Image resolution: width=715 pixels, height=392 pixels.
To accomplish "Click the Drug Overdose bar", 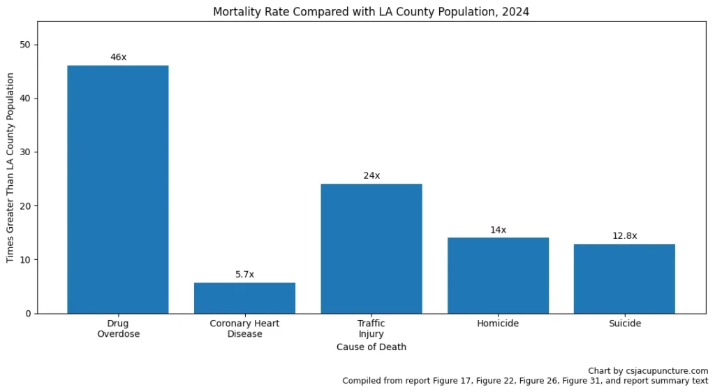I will (118, 189).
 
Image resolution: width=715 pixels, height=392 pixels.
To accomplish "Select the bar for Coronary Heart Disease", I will (244, 298).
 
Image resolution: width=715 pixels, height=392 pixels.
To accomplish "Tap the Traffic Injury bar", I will (371, 248).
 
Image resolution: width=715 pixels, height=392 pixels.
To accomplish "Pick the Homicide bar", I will (498, 275).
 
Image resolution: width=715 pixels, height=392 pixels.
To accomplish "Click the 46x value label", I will (118, 57).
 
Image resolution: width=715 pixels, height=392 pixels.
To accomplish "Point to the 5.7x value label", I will (244, 275).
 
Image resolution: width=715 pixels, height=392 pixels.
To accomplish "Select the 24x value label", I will (371, 175).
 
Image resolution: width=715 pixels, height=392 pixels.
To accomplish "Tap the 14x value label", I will (498, 229).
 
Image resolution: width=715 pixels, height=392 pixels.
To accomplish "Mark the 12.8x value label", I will (624, 236).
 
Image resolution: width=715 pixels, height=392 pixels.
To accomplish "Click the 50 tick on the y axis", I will (25, 45).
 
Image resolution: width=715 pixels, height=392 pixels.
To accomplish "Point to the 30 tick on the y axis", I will (25, 152).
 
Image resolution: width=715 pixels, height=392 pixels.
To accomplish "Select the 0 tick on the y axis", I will (28, 314).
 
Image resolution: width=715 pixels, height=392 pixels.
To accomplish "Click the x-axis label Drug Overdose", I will (118, 328).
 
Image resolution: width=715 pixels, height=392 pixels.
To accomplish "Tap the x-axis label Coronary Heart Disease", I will (244, 328).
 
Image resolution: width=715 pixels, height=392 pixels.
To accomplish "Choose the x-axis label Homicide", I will (498, 324).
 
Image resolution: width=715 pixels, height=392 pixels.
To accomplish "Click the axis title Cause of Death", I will (371, 347).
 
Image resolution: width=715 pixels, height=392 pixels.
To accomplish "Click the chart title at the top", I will (371, 12).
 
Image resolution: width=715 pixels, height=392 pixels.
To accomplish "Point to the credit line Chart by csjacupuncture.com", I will (648, 371).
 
